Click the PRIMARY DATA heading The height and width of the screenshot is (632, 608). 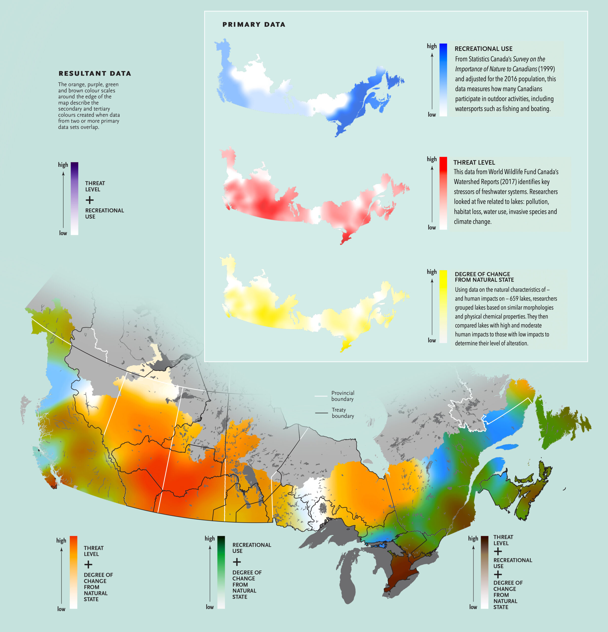tap(254, 24)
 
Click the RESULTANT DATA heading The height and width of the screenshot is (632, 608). tap(95, 74)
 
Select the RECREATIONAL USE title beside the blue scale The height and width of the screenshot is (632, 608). tap(483, 49)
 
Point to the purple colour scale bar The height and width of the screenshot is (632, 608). tap(75, 198)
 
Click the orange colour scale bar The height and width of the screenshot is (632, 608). tap(74, 572)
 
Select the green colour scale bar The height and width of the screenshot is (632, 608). tap(221, 572)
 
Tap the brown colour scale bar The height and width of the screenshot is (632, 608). tap(484, 572)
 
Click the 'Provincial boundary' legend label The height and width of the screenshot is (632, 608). tap(342, 396)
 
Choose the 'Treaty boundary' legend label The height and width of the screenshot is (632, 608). tap(342, 413)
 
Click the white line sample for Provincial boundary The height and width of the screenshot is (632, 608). tap(321, 396)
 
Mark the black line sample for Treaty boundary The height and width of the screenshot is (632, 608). tap(321, 413)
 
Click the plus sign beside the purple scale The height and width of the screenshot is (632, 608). tap(90, 200)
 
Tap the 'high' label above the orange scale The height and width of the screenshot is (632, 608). tap(61, 540)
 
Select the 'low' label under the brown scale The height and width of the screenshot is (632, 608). tap(473, 607)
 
